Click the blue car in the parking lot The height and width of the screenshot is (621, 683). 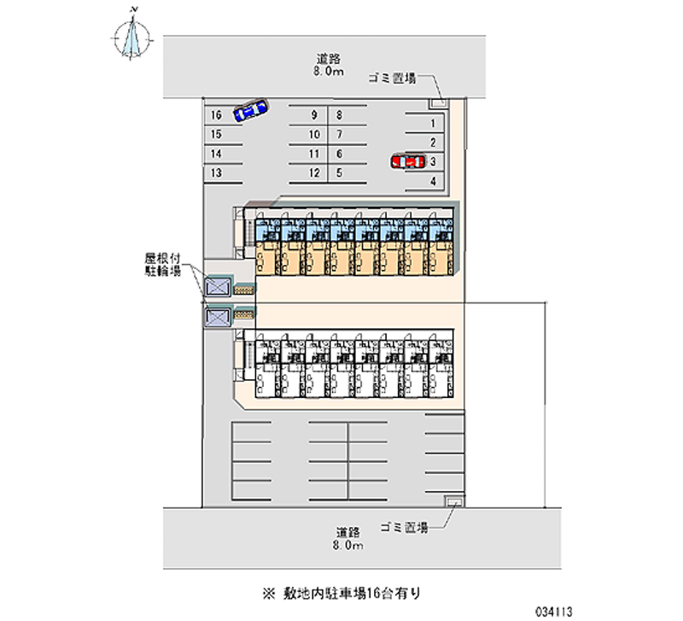pos(250,110)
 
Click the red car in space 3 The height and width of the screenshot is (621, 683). pos(408,161)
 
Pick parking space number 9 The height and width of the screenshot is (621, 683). pos(315,115)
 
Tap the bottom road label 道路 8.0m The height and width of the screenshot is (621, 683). pos(349,537)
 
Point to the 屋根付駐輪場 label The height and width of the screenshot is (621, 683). pos(161,264)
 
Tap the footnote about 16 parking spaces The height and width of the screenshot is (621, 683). pos(342,591)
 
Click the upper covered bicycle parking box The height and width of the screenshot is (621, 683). pos(217,287)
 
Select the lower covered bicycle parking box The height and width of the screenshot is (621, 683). pos(217,318)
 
